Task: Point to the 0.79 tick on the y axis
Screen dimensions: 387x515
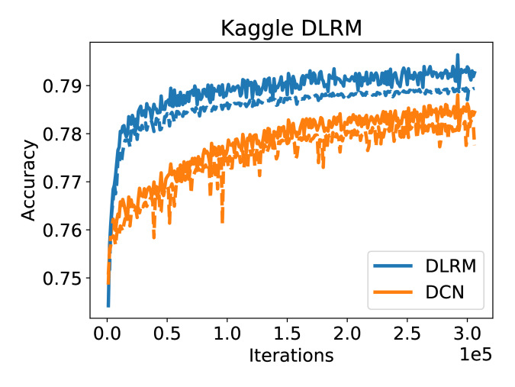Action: pos(65,85)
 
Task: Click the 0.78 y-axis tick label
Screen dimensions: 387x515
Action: pos(65,134)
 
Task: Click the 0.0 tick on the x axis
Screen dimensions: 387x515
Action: pos(108,334)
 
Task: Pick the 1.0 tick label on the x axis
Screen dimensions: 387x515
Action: pos(227,334)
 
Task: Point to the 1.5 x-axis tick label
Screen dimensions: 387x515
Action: pos(287,334)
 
